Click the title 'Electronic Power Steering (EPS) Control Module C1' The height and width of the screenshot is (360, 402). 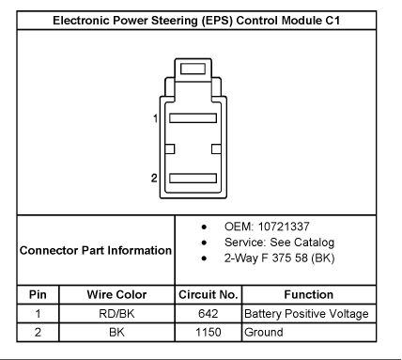tap(196, 21)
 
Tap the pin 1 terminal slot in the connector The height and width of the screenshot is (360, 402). tap(193, 118)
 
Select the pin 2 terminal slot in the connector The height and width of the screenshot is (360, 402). tap(193, 179)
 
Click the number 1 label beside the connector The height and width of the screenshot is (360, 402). tap(155, 118)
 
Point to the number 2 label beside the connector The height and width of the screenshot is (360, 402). tap(154, 178)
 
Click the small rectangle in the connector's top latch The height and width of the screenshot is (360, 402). tap(193, 69)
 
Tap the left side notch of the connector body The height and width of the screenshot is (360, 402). tap(169, 149)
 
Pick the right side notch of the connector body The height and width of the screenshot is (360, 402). tap(216, 149)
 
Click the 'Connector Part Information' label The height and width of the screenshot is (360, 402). tap(96, 250)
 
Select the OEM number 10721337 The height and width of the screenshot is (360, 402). tap(284, 227)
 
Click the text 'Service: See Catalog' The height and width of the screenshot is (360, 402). tap(279, 243)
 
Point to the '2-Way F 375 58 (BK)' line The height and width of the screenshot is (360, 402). tap(279, 258)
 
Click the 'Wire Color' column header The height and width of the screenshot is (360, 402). tap(116, 294)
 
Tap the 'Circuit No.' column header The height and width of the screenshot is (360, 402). tap(209, 294)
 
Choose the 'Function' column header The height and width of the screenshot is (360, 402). tap(309, 294)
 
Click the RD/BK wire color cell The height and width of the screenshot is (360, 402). tap(116, 314)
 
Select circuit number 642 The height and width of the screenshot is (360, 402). tap(209, 314)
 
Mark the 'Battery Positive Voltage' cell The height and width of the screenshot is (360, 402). tap(306, 314)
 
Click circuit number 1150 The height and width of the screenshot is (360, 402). tap(209, 332)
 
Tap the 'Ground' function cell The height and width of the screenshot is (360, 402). tap(264, 332)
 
